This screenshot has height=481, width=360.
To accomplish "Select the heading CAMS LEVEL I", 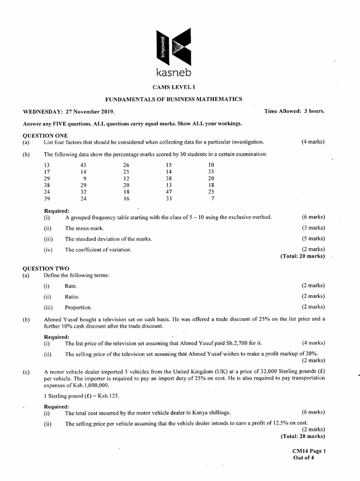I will [x=173, y=87].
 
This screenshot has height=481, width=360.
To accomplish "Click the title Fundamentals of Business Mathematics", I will [x=173, y=99].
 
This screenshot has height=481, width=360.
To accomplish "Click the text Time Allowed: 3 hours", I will [x=294, y=111].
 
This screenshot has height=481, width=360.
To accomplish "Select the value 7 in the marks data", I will [x=212, y=199].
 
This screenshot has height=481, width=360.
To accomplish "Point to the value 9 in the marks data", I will [x=84, y=178].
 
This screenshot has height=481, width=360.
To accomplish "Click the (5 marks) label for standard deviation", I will [x=313, y=239].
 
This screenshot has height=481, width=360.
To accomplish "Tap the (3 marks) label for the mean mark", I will [x=313, y=228].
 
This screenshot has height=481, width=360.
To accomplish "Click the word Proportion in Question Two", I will [x=78, y=307].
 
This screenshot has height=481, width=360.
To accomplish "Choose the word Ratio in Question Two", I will [x=72, y=296].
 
